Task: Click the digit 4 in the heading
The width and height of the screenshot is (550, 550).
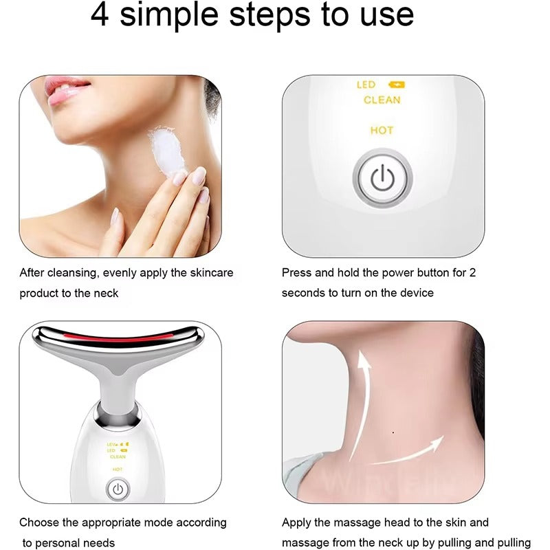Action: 100,14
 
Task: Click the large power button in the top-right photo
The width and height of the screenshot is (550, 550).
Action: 382,178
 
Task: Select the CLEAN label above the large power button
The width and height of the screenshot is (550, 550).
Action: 382,100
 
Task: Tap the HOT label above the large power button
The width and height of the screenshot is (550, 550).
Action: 382,130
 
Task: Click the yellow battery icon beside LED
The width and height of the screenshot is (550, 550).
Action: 397,85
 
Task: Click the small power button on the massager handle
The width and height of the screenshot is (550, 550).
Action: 118,489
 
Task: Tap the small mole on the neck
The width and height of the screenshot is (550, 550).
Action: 392,432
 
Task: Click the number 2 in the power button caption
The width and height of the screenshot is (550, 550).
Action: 472,272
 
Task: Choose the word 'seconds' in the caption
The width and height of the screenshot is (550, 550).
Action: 302,293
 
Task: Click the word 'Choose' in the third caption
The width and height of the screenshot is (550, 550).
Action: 38,522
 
